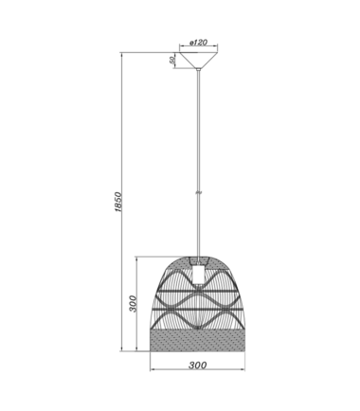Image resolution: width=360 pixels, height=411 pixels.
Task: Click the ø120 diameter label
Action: pyautogui.click(x=198, y=43)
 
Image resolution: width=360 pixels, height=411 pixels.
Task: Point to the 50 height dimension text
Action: pyautogui.click(x=172, y=61)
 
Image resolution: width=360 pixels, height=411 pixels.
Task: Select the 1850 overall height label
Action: pyautogui.click(x=117, y=202)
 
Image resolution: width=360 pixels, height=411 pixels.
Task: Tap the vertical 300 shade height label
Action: pyautogui.click(x=134, y=304)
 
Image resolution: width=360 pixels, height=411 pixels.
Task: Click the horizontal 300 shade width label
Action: pyautogui.click(x=198, y=366)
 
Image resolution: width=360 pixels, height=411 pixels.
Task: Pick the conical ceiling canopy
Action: pyautogui.click(x=198, y=61)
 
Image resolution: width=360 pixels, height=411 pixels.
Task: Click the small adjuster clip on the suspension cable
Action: pyautogui.click(x=198, y=192)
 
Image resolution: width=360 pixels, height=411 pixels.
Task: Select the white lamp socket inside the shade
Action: pyautogui.click(x=198, y=274)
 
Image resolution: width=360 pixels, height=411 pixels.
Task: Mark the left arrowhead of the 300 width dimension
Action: pyautogui.click(x=152, y=369)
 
